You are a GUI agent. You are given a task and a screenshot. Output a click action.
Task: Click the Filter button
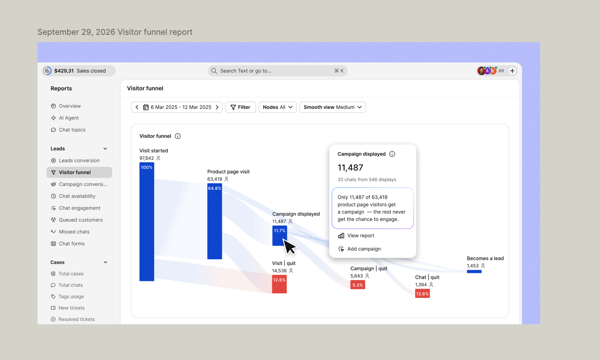point(240,107)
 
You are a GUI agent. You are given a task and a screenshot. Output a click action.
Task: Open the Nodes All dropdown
point(277,107)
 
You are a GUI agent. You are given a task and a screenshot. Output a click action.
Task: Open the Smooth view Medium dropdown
point(332,107)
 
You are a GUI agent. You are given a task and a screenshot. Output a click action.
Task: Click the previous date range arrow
point(137,107)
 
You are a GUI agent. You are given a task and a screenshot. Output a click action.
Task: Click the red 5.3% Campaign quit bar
point(358,285)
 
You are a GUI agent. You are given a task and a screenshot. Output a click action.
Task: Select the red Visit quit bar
point(279,284)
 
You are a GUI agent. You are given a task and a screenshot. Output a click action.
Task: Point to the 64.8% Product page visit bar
point(215,221)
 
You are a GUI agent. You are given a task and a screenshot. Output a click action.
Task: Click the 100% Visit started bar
point(147,222)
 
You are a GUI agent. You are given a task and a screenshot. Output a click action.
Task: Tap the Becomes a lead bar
point(474,271)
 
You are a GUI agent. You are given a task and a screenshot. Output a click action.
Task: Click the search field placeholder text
point(246,71)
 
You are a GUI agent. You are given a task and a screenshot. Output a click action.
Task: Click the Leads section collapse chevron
point(105,148)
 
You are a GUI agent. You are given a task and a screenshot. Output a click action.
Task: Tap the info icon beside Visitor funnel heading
point(178,136)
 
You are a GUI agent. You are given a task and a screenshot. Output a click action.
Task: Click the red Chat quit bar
point(422,294)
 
